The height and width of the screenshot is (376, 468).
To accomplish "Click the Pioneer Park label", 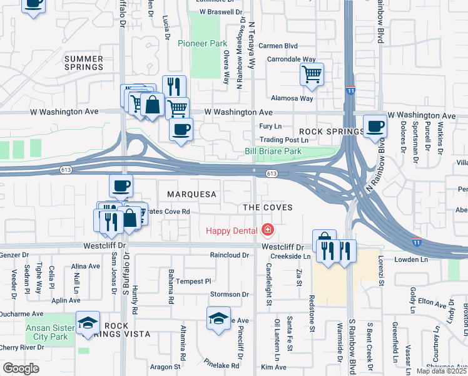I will pos(202,44).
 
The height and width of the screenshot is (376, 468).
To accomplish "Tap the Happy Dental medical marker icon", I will pos(268,231).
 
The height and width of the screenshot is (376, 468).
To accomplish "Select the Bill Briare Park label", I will pos(273,152).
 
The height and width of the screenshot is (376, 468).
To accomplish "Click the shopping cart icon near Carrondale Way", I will pos(312,75).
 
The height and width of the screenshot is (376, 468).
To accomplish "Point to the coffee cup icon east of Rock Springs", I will pos(375,126).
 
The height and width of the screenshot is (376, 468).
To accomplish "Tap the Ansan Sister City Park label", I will pos(51,332).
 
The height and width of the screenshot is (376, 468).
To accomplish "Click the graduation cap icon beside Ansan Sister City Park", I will pos(88,323).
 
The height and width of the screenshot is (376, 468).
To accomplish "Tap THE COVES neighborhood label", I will pos(268,207).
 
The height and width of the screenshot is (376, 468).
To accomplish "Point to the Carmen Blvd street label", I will pos(278,46).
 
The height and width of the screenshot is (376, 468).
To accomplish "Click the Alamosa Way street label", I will pos(292,98).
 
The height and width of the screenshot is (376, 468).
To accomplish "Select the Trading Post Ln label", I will pos(285,140).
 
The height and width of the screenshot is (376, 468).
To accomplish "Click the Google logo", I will pos(21,368).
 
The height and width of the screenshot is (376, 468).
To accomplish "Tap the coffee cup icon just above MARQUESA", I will pos(121,185).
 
